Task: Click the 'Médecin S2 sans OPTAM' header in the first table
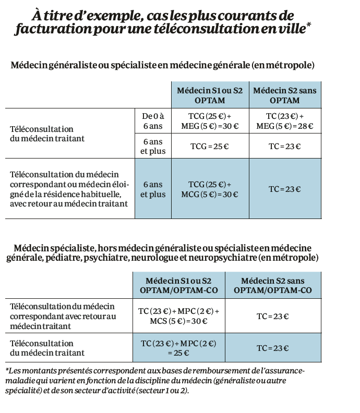(x=284, y=95)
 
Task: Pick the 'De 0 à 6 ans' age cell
(x=153, y=120)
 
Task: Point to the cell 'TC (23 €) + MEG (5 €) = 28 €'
(x=284, y=120)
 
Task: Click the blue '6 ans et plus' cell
(x=153, y=189)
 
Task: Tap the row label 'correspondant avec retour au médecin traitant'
(x=63, y=316)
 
